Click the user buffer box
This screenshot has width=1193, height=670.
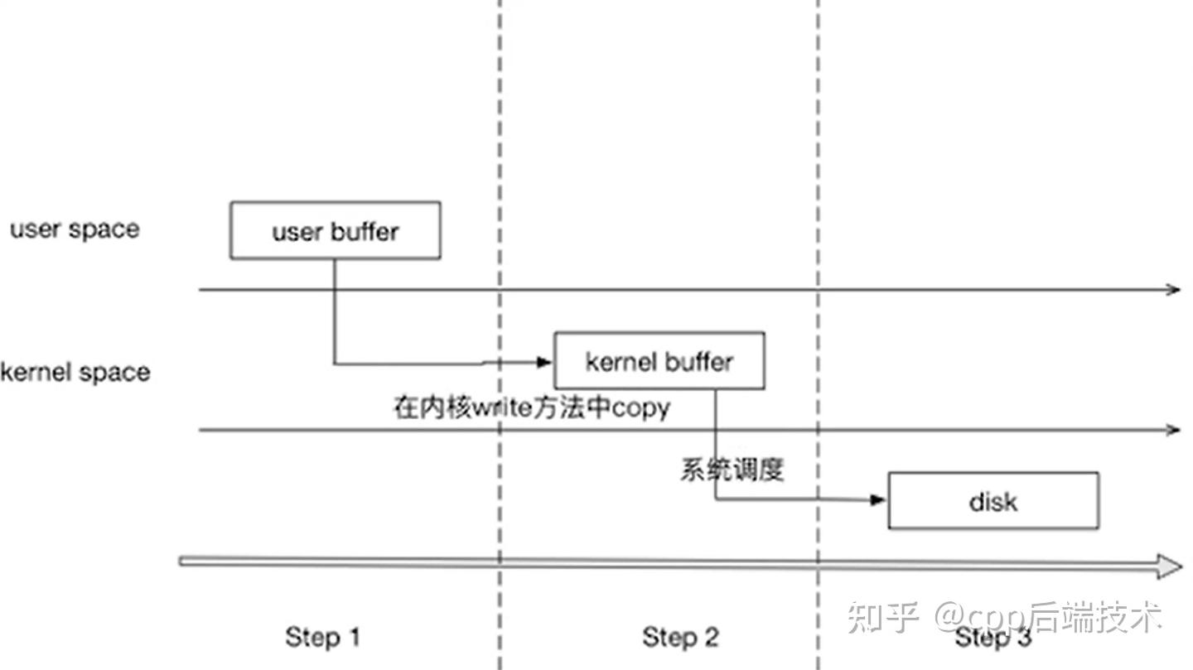[x=335, y=230]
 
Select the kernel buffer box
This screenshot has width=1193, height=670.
[x=659, y=361]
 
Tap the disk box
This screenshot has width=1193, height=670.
[x=993, y=501]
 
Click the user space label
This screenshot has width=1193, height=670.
[x=75, y=229]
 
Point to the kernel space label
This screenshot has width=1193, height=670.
[x=75, y=372]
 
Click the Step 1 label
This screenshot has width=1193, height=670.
[x=323, y=637]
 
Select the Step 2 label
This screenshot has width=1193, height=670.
[x=680, y=637]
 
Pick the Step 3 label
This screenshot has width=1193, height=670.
[x=993, y=637]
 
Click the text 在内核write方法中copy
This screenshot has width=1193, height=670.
[x=532, y=408]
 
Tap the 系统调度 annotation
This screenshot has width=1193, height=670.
[x=732, y=470]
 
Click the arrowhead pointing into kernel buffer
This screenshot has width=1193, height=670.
[x=543, y=362]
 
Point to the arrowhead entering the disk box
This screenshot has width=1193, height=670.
[x=878, y=499]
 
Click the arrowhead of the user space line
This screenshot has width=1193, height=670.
[x=1173, y=289]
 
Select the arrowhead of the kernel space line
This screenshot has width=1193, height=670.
[x=1173, y=429]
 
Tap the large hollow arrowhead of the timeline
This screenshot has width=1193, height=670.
[x=1170, y=566]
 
